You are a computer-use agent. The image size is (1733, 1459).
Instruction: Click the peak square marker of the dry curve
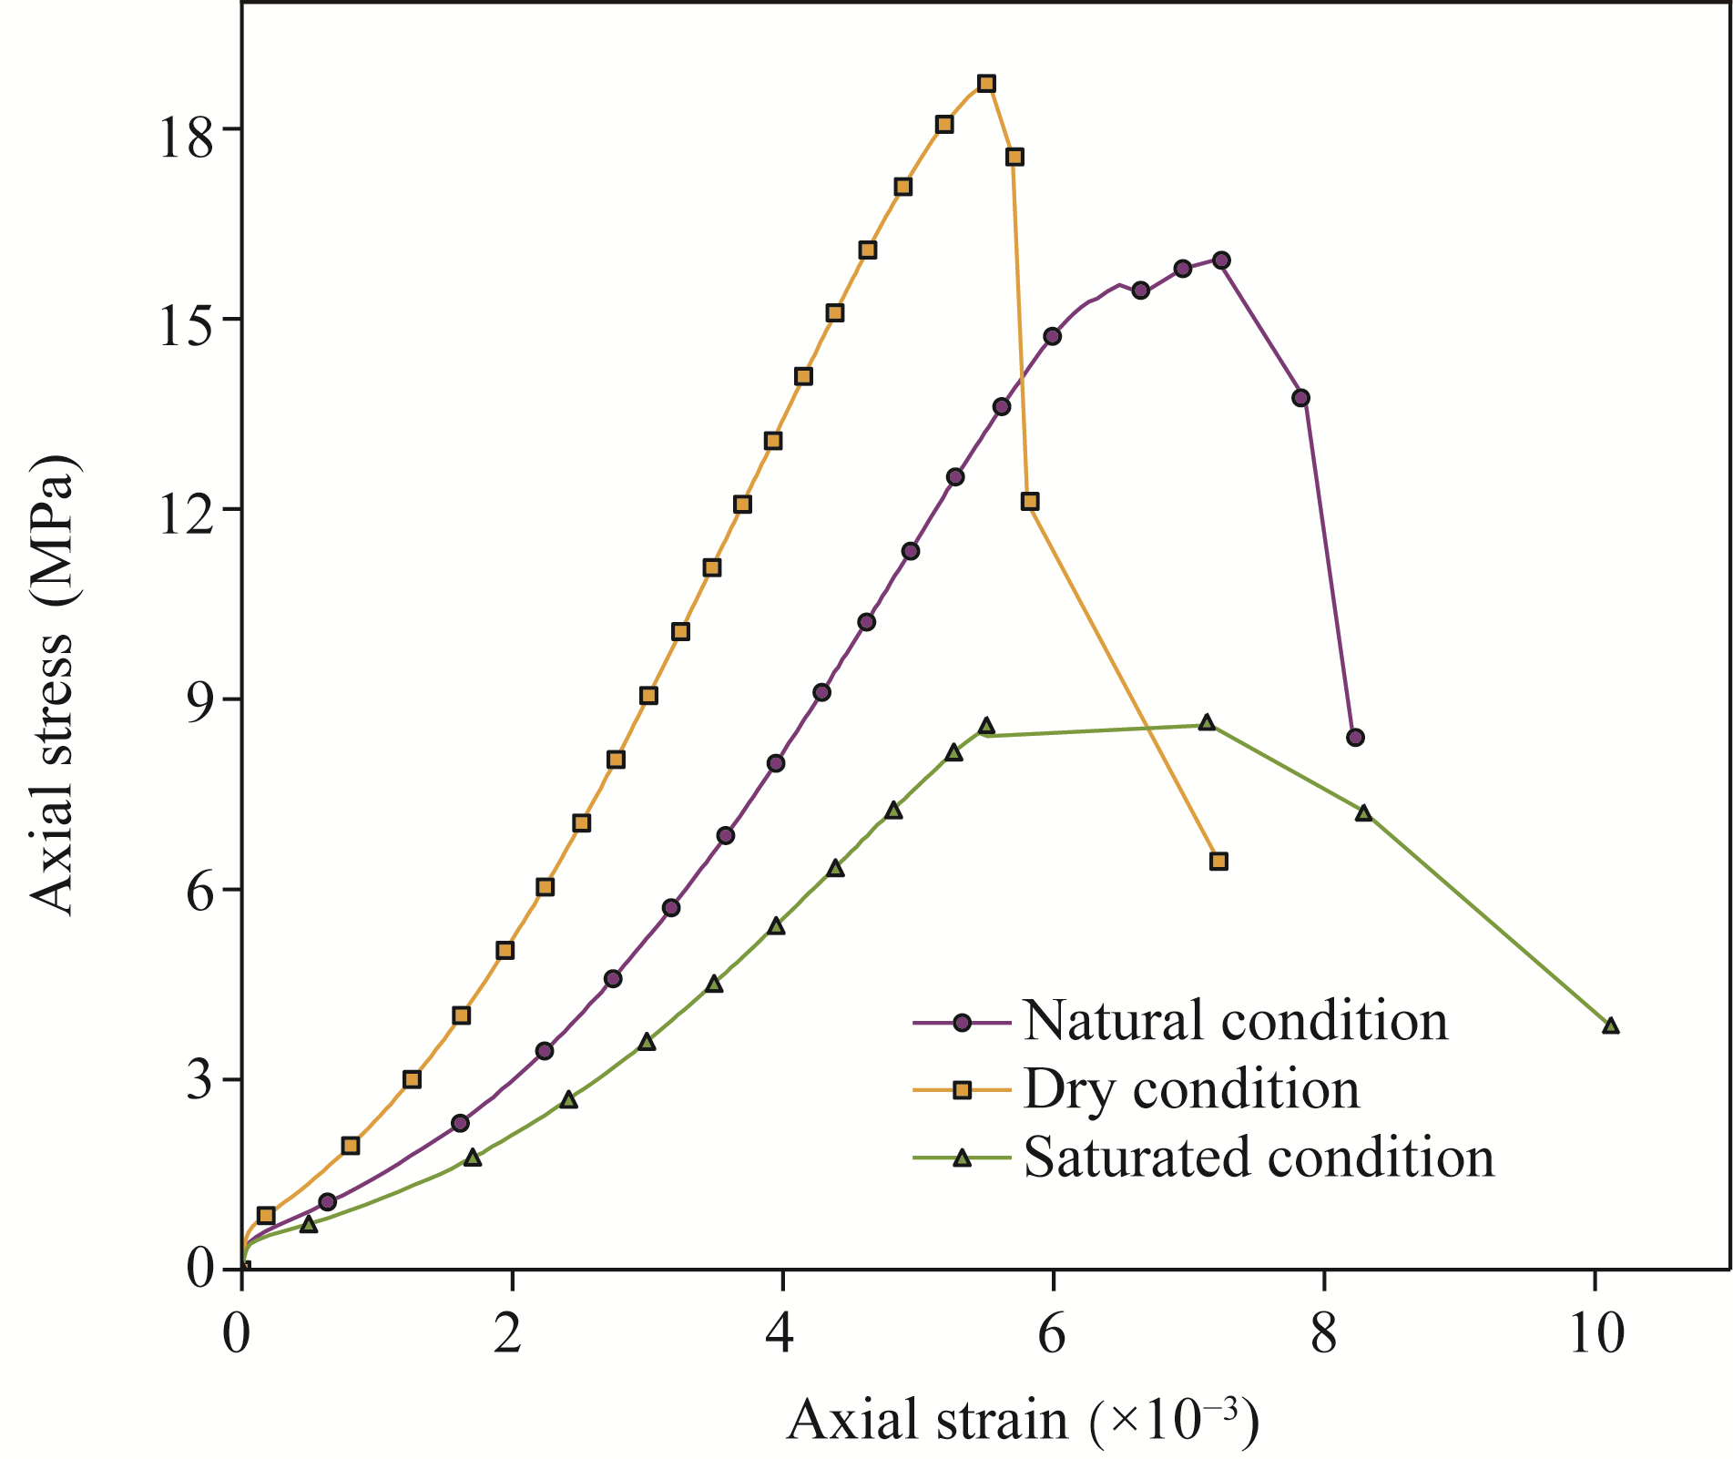tap(986, 84)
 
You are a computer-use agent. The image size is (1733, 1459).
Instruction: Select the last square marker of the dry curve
tap(1218, 861)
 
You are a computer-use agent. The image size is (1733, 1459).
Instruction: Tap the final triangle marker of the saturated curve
tap(1610, 1025)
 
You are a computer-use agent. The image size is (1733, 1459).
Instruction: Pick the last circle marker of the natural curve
tap(1355, 737)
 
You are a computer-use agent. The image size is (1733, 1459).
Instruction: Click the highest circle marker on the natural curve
tap(1221, 260)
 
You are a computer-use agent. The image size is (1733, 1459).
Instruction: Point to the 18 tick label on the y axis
tap(188, 129)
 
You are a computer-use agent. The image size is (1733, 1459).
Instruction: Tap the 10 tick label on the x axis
tap(1595, 1336)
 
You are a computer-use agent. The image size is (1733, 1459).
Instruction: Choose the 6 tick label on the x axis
tap(1053, 1336)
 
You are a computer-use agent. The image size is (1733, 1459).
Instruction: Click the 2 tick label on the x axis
tap(512, 1336)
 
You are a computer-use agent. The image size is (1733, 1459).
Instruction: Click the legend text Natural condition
tap(1235, 1021)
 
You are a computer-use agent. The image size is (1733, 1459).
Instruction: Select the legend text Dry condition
tap(1191, 1089)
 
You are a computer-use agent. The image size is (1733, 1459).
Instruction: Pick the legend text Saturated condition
tap(1259, 1158)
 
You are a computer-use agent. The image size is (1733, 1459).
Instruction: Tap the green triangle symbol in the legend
tap(961, 1158)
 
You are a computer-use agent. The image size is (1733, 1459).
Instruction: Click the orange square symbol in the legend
tap(961, 1090)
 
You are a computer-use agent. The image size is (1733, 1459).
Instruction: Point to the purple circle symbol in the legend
tap(961, 1022)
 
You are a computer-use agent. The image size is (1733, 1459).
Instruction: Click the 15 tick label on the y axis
tap(188, 319)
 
